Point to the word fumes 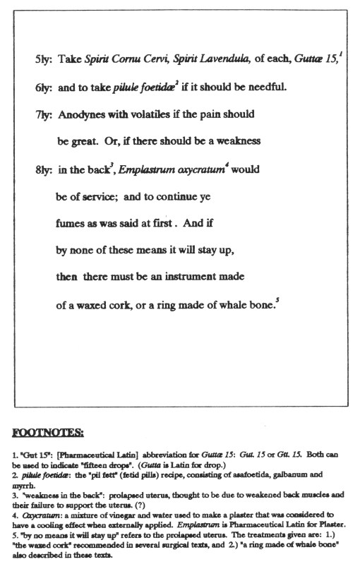click(x=71, y=222)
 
